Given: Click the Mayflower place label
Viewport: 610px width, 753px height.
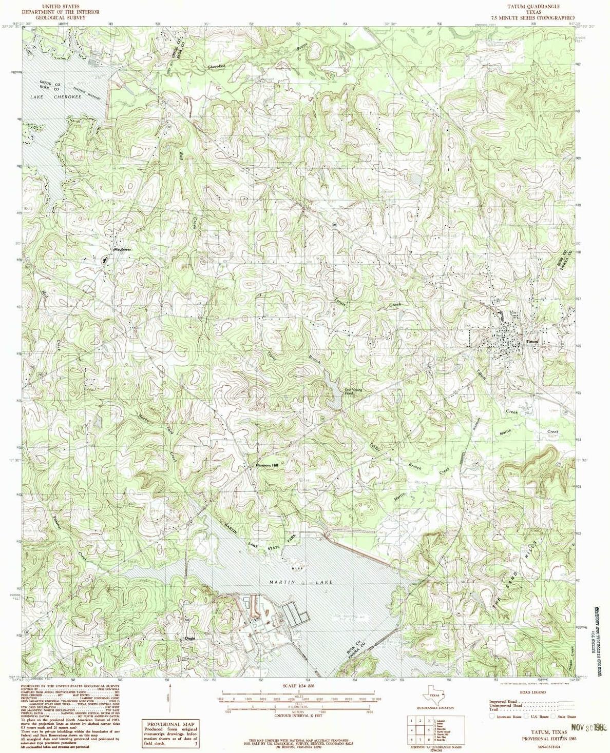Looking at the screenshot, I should coord(123,250).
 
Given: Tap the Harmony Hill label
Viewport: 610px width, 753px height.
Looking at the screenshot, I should coord(266,465).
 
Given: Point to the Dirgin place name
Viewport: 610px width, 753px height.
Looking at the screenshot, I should coord(190,638).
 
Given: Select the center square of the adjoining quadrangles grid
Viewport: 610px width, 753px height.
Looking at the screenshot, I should coord(421,728).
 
